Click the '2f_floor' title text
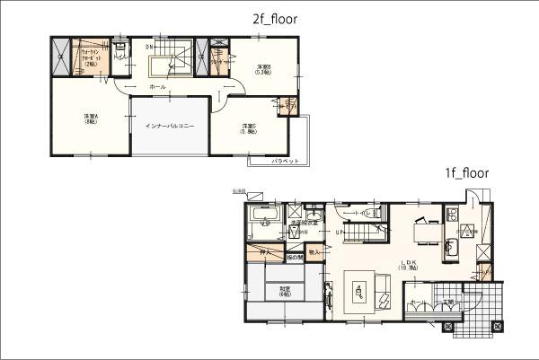click(x=274, y=18)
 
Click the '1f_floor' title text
click(x=465, y=174)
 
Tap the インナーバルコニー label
click(x=170, y=125)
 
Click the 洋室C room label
click(x=250, y=127)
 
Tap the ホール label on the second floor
click(x=157, y=87)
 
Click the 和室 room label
click(x=285, y=291)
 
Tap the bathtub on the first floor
click(x=262, y=218)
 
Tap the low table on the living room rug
click(x=359, y=290)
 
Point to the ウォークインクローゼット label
click(x=91, y=57)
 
